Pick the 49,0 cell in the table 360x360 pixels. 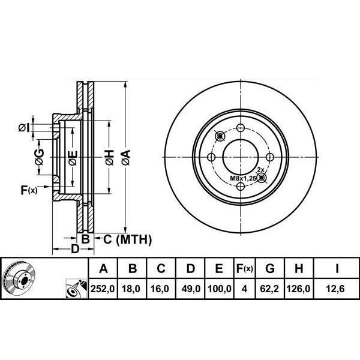[191, 289]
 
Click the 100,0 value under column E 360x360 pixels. [220, 289]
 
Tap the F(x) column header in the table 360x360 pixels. [245, 268]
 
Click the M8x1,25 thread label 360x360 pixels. [244, 179]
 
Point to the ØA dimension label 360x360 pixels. [125, 158]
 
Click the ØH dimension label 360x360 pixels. [109, 158]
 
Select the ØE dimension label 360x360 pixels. [72, 158]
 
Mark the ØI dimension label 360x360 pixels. [23, 127]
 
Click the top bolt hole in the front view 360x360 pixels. [241, 128]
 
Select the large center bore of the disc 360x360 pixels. [240, 157]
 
